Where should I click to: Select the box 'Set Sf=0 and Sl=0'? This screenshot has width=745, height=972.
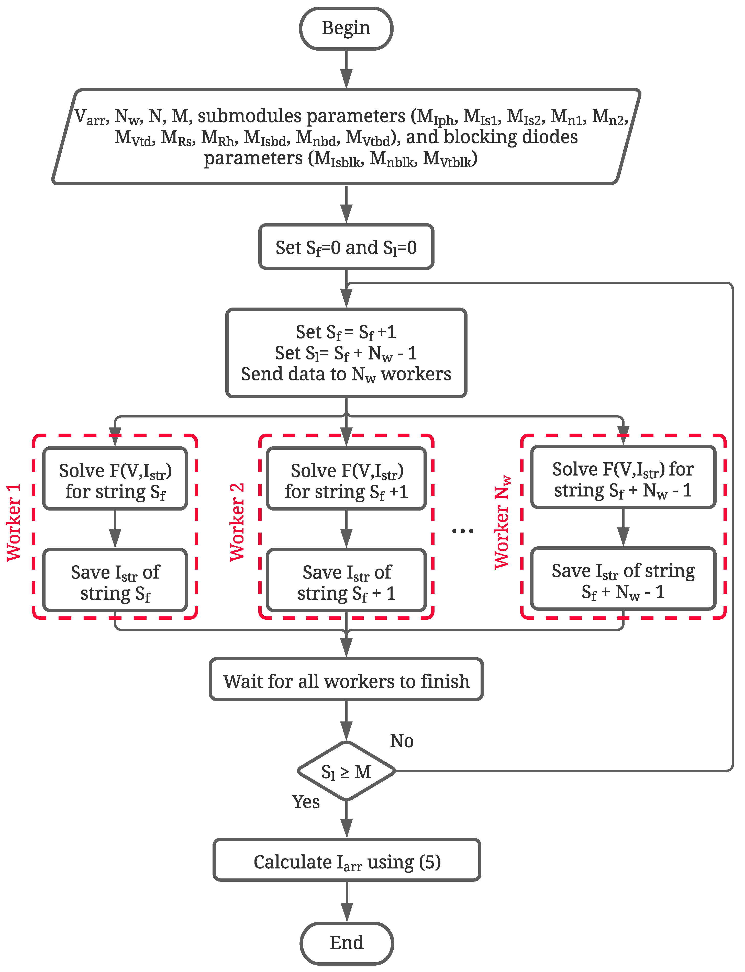[x=346, y=247]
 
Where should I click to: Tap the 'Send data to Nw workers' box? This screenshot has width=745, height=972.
[x=346, y=353]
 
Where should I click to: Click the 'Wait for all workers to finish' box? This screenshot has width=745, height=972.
[x=346, y=681]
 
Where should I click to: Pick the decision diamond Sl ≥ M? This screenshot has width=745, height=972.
[x=346, y=772]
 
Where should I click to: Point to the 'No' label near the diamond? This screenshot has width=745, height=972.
[x=401, y=741]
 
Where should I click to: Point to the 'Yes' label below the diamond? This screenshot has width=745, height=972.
[x=306, y=802]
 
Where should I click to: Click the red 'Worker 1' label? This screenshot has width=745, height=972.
[x=13, y=523]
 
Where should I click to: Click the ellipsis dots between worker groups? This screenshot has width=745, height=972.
[x=462, y=530]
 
